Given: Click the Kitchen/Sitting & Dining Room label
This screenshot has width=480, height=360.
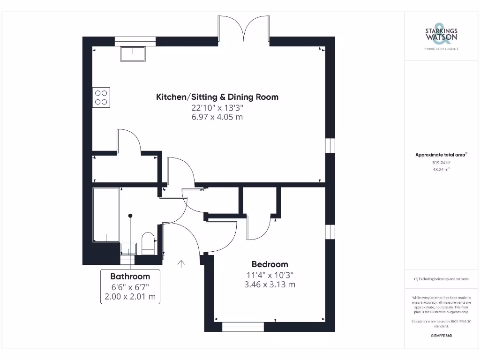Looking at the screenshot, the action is click(217, 97).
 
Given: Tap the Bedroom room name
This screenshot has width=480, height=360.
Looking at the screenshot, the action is click(270, 264).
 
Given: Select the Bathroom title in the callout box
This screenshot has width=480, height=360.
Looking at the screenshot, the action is click(130, 277).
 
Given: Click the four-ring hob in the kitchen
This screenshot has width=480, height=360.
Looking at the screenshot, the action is click(101, 97).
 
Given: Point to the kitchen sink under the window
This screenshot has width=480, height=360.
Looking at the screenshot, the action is click(133, 54).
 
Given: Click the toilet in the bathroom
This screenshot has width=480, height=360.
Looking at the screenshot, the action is click(148, 243).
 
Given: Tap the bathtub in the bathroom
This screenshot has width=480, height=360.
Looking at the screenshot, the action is click(106, 215).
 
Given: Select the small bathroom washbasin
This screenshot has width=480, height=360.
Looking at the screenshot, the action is click(128, 249).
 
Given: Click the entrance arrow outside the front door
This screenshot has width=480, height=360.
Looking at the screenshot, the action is click(181, 263).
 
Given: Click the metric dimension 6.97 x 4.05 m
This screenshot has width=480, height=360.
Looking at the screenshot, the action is click(217, 117).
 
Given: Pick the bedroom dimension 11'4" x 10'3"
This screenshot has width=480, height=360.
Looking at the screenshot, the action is click(270, 275).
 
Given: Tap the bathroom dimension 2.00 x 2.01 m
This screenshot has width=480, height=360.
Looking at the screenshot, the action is click(130, 297).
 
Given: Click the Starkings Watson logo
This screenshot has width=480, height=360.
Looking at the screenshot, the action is click(441, 36).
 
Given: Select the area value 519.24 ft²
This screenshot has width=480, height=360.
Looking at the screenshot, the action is click(441, 163).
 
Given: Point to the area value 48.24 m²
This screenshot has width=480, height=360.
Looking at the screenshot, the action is click(441, 169).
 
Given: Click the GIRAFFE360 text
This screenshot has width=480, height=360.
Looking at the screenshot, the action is click(441, 336).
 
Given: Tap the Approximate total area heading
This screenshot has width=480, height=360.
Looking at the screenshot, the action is click(441, 155).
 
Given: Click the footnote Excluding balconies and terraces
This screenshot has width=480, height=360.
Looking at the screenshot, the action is click(441, 279).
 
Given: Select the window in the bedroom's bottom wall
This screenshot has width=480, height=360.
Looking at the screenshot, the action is click(243, 327).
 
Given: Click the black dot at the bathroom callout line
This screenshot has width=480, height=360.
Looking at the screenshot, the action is click(130, 216).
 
